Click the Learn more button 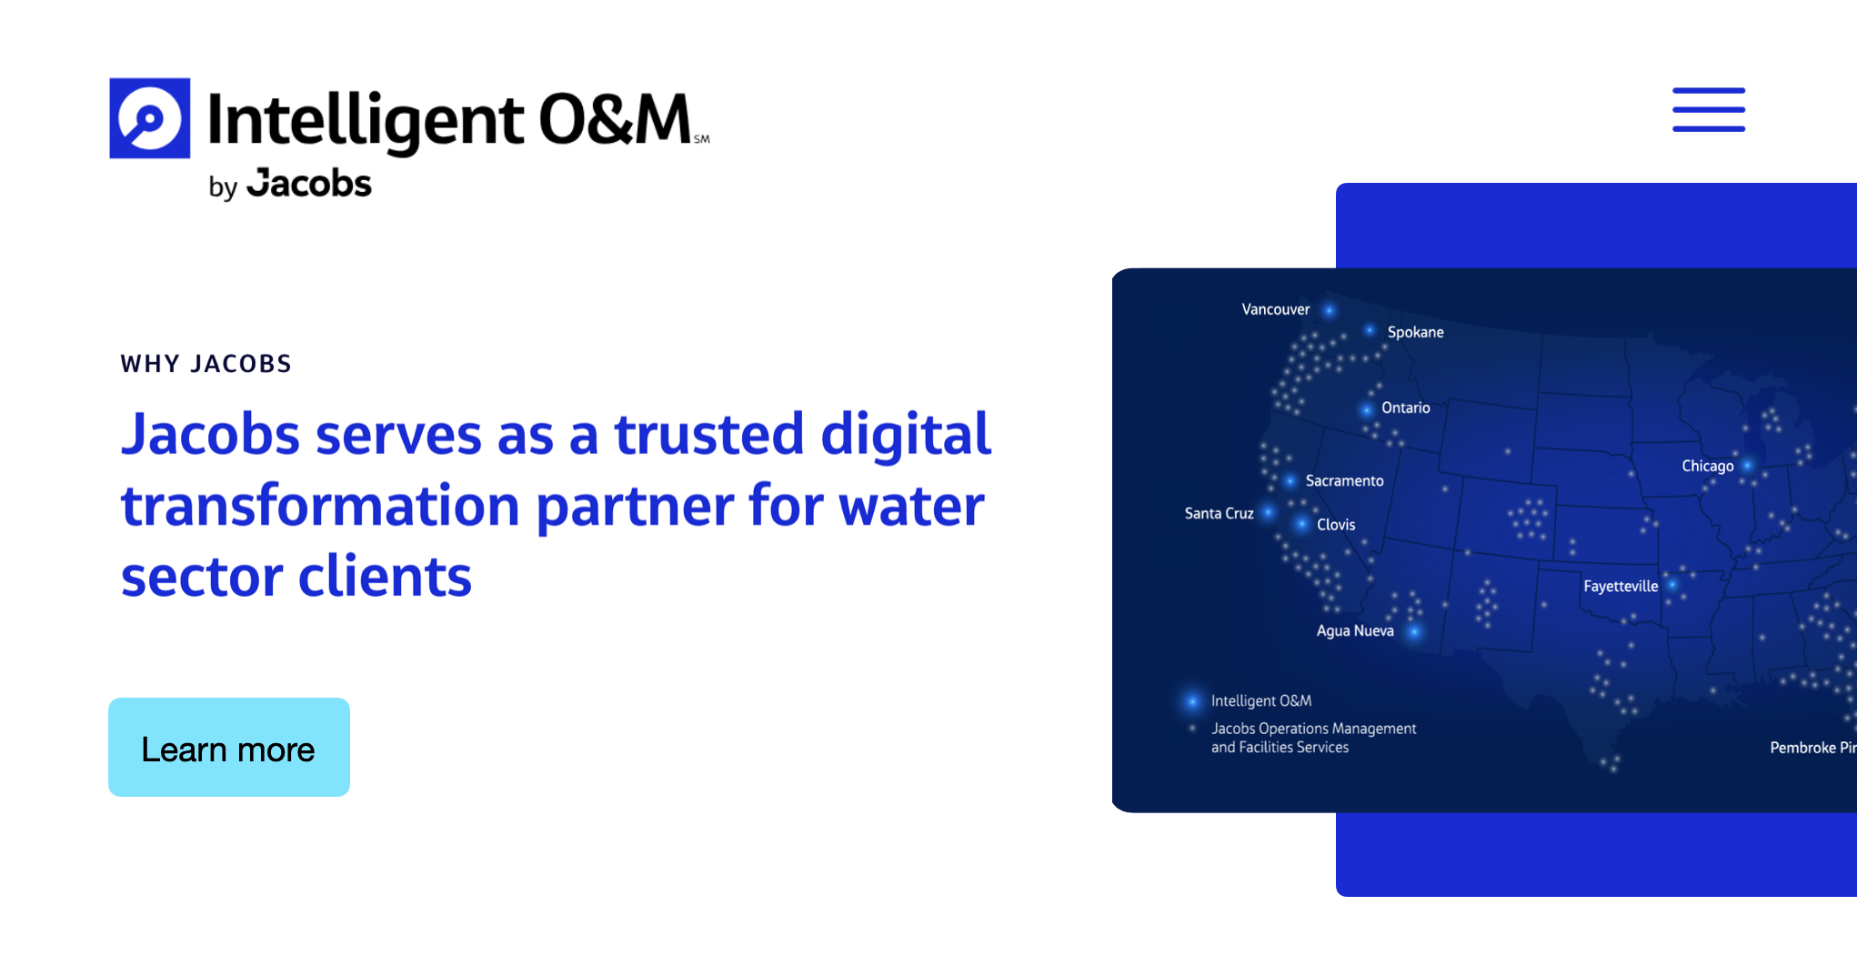[228, 748]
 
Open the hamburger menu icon [1708, 110]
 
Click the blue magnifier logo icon [150, 118]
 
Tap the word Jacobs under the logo [309, 184]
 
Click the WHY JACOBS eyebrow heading [206, 364]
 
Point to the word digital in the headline [905, 434]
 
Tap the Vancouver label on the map [1275, 309]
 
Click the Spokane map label [1415, 332]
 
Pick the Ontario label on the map [1405, 408]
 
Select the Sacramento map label [1344, 480]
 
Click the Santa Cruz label [1219, 513]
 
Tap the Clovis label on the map [1336, 525]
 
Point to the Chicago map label [1707, 466]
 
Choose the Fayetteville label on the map [1620, 586]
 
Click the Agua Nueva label [1354, 630]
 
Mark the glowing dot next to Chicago [1747, 466]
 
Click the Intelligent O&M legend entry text [1260, 700]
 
